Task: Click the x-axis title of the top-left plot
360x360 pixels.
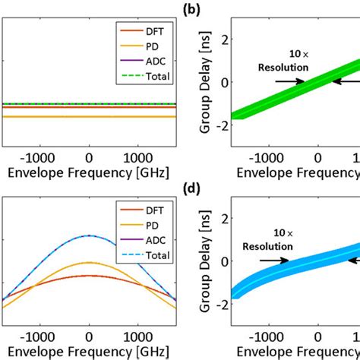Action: (90, 172)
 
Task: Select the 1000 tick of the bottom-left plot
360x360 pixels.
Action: (146, 335)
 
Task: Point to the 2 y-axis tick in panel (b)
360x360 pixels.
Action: (224, 39)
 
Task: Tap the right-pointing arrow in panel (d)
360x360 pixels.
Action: (273, 260)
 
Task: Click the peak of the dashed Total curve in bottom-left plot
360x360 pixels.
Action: (90, 235)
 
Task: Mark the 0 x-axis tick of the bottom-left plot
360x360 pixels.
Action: (90, 335)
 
